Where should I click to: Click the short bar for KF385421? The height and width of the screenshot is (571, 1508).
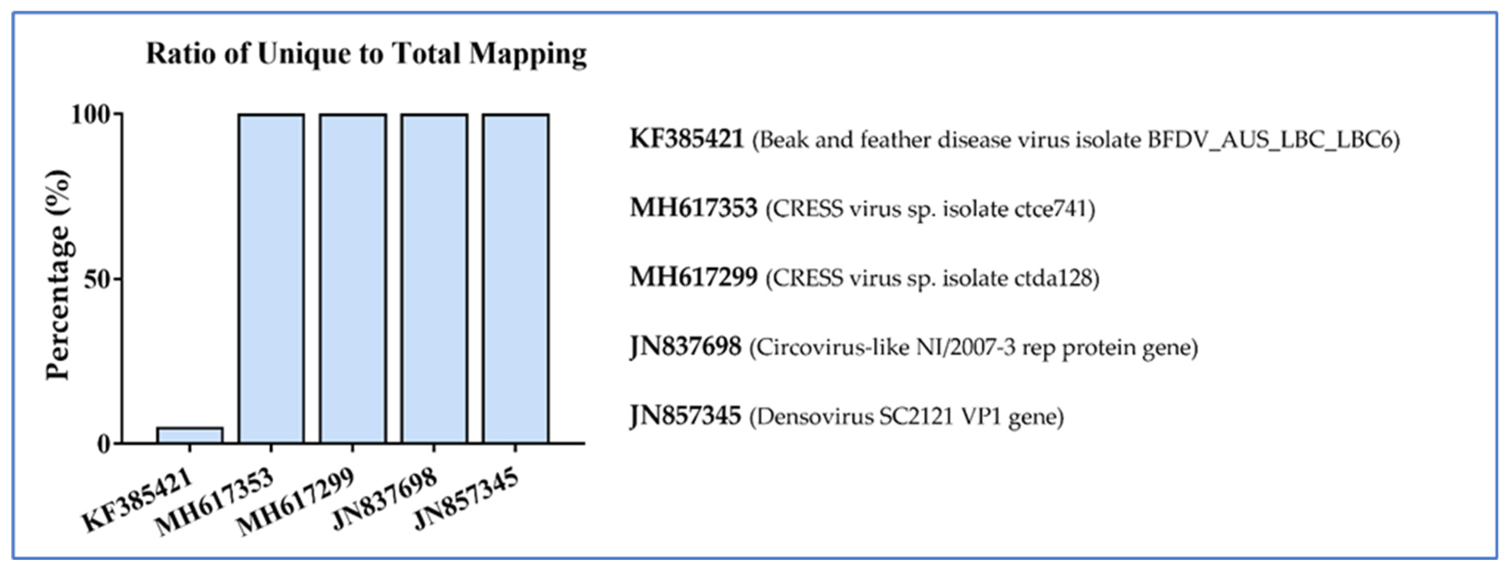coord(190,435)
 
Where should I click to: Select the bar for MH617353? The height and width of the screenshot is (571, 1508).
coord(271,279)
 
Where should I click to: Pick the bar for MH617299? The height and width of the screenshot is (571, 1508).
coord(352,279)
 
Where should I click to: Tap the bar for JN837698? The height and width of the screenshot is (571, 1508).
coord(434,279)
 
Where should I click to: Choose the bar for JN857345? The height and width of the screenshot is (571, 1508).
coord(515,279)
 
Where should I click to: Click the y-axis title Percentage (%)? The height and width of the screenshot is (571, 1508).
coord(58,275)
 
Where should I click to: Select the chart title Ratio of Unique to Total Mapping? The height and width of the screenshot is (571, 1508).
coord(366,54)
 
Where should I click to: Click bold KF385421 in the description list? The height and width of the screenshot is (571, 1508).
coord(686,139)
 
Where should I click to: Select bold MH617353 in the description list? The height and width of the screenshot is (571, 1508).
coord(693,208)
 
